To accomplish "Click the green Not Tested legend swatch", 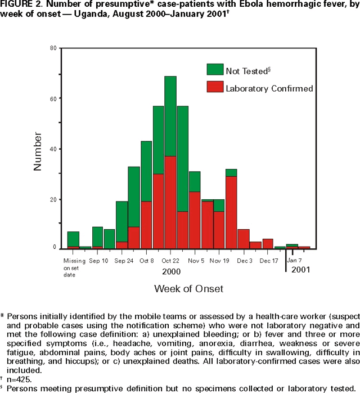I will [x=215, y=70].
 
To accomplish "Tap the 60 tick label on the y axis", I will [x=52, y=99].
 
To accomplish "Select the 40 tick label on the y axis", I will [x=52, y=149].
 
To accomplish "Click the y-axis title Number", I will [x=38, y=151].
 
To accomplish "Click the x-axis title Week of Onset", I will [x=189, y=289].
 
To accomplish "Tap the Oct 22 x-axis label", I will [x=170, y=261].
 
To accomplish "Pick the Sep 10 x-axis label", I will [x=98, y=261].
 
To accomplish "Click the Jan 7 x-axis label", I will [x=295, y=261].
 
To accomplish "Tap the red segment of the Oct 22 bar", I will [x=170, y=203].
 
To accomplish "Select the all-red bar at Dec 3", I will [x=243, y=239].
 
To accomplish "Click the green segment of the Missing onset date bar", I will [x=73, y=239].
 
